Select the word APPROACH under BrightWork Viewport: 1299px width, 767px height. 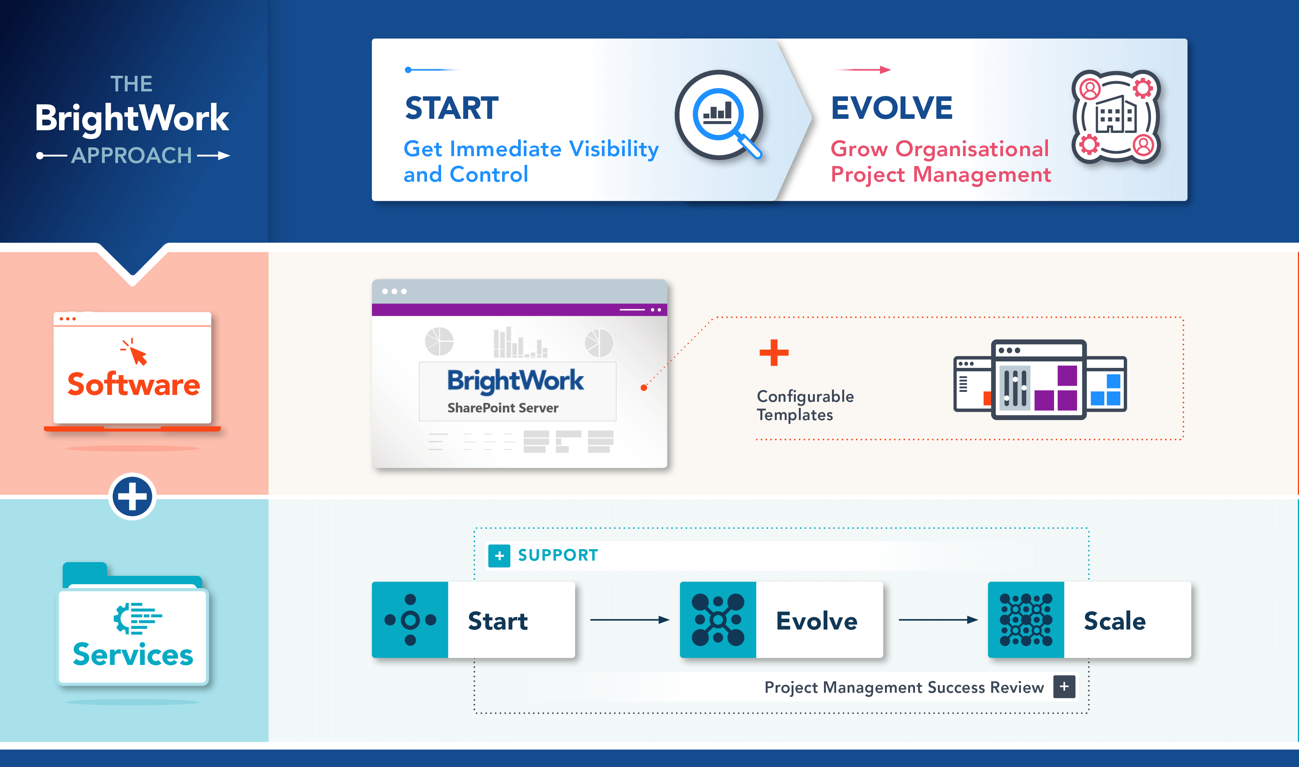(x=131, y=155)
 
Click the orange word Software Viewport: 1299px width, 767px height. (x=133, y=385)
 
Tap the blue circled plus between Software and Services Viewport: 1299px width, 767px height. (x=132, y=497)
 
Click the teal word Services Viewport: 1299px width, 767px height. (x=133, y=654)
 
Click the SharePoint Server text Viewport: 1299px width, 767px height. (x=502, y=408)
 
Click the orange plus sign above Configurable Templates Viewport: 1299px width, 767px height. (x=774, y=353)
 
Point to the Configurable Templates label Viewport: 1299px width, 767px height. (x=805, y=405)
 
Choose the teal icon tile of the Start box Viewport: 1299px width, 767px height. (x=410, y=620)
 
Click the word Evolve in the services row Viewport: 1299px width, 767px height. (x=816, y=621)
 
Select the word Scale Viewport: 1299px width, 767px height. (x=1115, y=621)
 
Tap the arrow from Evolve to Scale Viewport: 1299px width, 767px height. (x=937, y=620)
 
